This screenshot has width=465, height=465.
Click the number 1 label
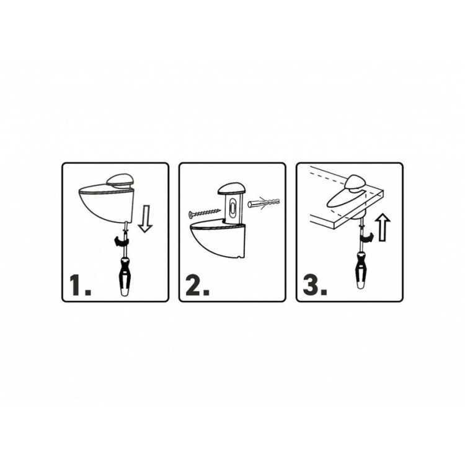80,285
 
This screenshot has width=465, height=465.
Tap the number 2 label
197,285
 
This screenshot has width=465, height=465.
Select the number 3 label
315,285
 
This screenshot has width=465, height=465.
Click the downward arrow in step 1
145,219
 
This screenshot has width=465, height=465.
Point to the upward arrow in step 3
383,227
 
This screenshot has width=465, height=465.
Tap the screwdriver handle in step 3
361,270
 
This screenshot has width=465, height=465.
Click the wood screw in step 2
205,213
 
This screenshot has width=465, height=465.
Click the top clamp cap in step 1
121,181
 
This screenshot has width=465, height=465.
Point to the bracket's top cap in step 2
232,190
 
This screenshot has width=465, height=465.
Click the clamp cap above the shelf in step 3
357,182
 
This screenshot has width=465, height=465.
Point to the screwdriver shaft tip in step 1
126,223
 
